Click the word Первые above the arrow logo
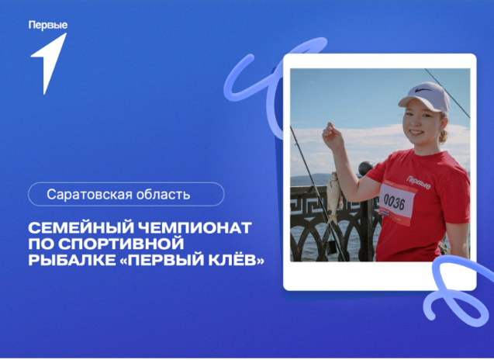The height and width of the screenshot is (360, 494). pos(48,26)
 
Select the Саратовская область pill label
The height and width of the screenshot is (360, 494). pos(126,194)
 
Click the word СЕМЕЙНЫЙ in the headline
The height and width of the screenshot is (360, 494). pos(80,227)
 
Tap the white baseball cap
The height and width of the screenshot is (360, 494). pos(425,97)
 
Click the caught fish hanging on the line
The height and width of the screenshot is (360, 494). pos(334,197)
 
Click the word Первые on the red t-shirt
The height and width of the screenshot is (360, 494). pos(419,182)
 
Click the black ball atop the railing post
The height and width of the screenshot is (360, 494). pos(365,168)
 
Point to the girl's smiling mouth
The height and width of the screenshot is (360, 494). pos(416,133)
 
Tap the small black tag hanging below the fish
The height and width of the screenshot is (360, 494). pos(331,247)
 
